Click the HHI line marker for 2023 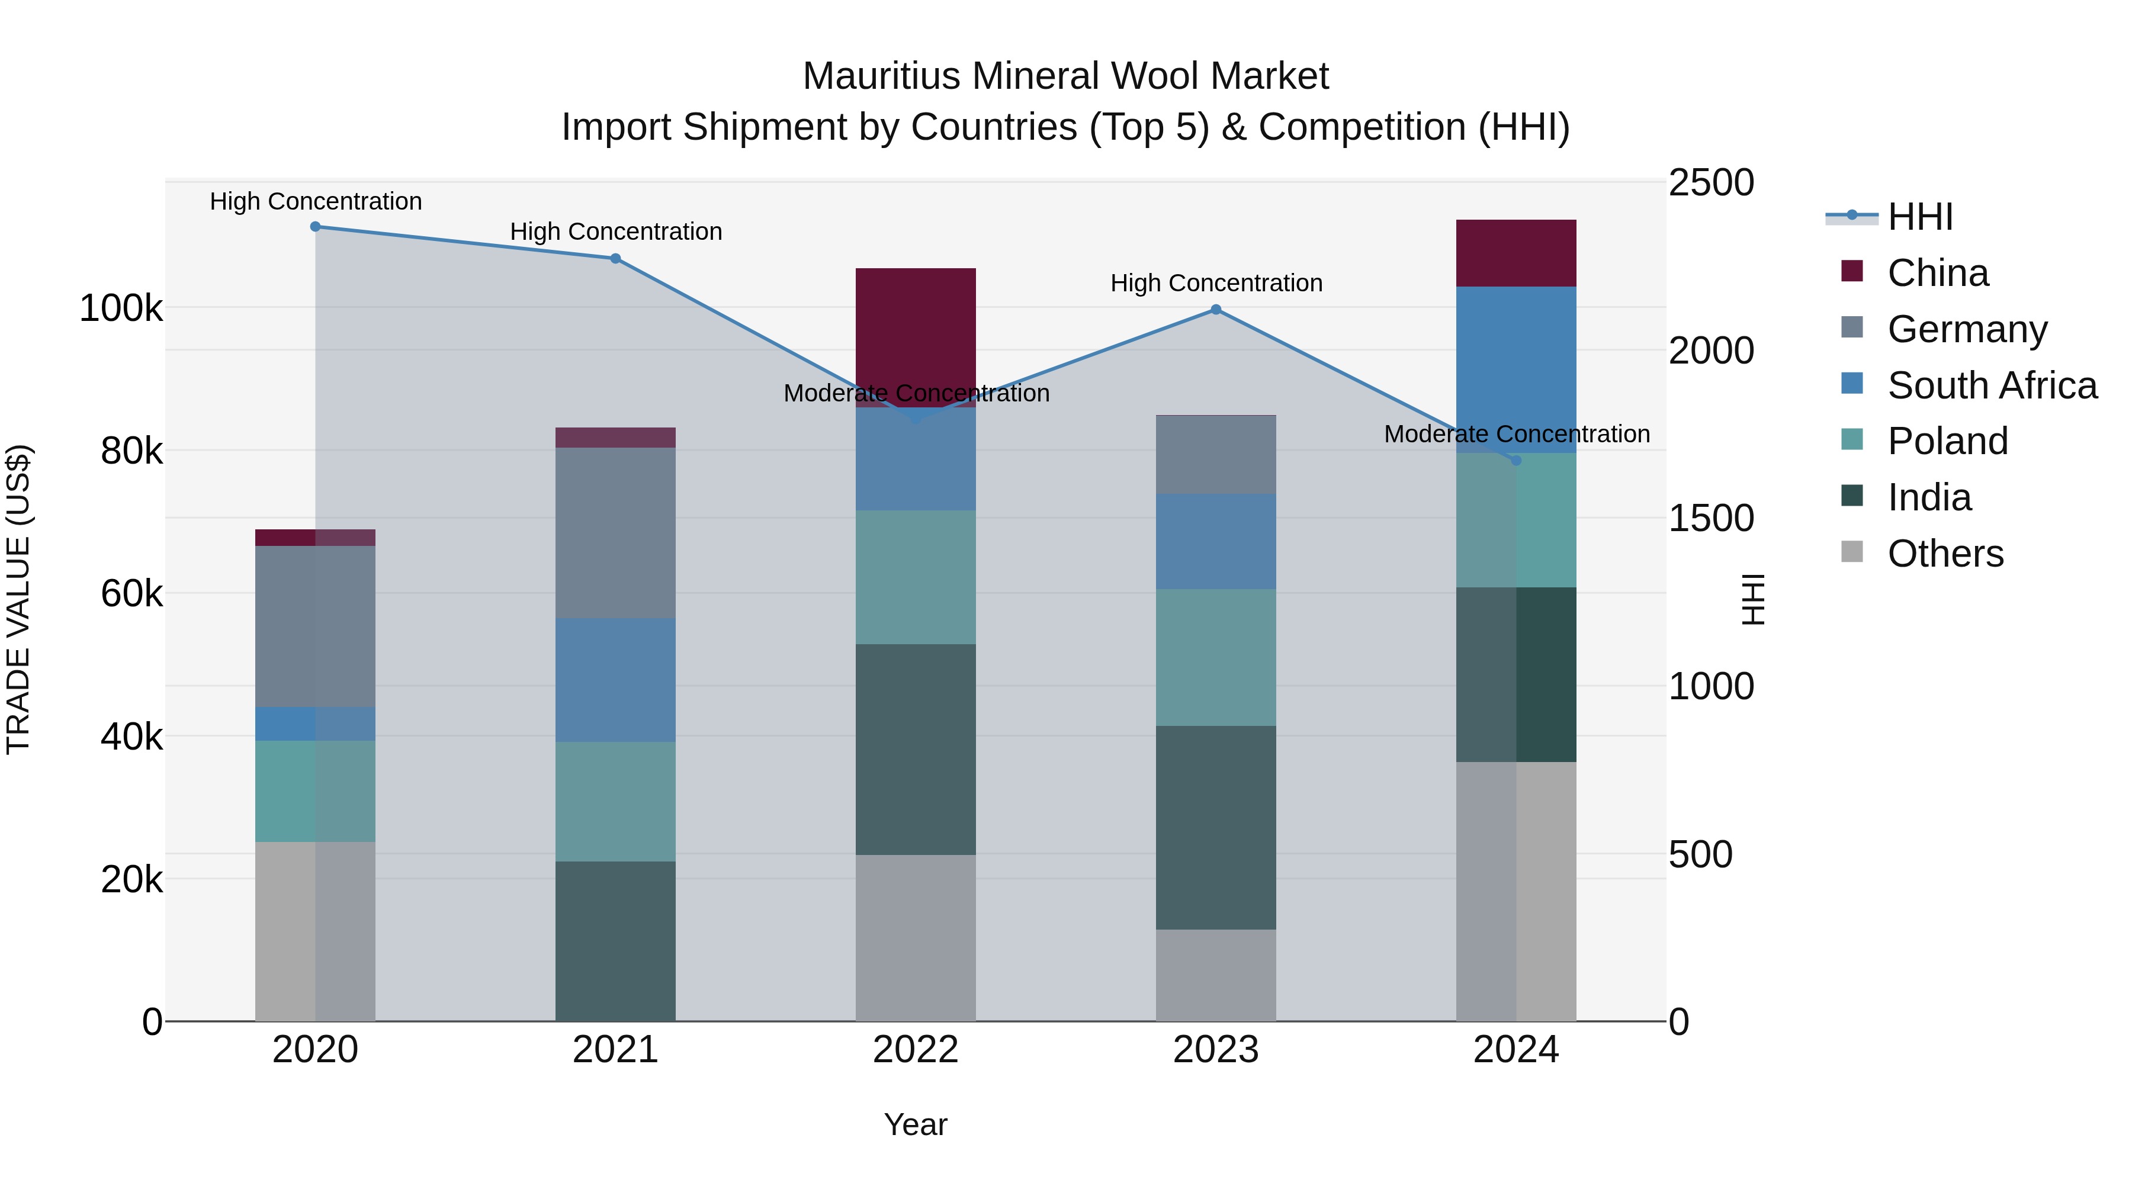(1216, 310)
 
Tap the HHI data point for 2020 (315, 227)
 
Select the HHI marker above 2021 (616, 258)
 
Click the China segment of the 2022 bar (916, 331)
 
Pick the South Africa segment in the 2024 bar (1516, 369)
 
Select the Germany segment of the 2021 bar (616, 532)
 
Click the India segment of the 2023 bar (1216, 828)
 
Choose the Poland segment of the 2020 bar (315, 790)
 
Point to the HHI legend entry (1920, 217)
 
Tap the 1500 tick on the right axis (1710, 519)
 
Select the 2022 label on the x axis (916, 1050)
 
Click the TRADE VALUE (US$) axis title (18, 599)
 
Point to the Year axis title (916, 1124)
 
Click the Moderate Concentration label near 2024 (1516, 433)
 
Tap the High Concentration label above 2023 (1216, 283)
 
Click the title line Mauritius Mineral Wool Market (1065, 76)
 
